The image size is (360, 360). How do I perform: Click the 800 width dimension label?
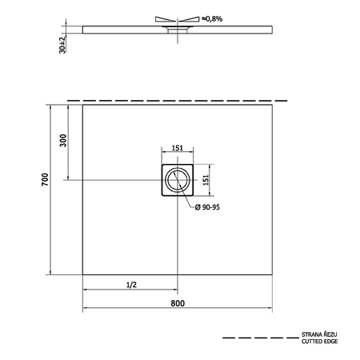178,303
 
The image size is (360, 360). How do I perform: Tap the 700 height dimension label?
46,179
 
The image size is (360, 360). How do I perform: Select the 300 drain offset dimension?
63,141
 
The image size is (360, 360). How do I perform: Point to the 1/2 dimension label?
131,285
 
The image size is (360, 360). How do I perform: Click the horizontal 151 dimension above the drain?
178,148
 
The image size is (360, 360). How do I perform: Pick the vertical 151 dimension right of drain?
206,180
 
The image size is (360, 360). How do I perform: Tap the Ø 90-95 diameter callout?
207,207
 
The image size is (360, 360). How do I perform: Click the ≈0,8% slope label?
212,18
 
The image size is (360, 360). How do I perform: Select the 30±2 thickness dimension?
62,45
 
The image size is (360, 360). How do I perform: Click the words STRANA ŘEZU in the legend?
319,334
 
